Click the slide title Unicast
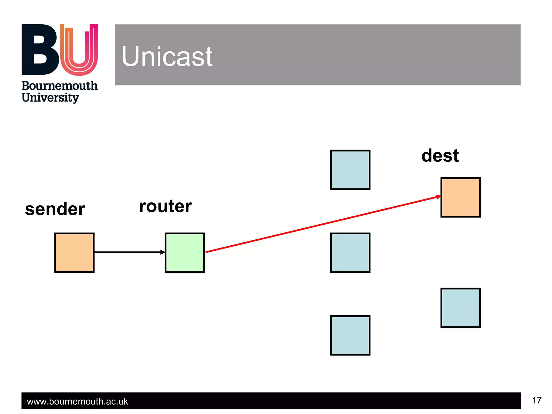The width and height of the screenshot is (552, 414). (x=167, y=56)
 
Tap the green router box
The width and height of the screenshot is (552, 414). (x=185, y=253)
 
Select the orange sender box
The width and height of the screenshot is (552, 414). (x=74, y=253)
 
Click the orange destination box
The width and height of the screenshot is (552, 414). (x=460, y=197)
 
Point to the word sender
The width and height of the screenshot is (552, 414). (x=55, y=209)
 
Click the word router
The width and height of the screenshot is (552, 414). (x=165, y=206)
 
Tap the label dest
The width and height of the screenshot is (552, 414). (x=440, y=156)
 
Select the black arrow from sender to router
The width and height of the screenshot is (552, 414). (x=127, y=252)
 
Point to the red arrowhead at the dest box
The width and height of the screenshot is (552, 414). (x=438, y=197)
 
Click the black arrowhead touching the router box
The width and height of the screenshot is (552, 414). (x=163, y=252)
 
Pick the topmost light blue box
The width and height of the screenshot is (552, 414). (x=350, y=170)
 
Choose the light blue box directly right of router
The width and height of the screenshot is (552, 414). (x=350, y=253)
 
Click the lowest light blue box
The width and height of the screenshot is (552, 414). (x=350, y=335)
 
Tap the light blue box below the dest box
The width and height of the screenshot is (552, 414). (x=460, y=308)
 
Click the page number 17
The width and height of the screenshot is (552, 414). (x=537, y=400)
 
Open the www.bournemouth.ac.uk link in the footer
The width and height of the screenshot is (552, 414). (x=77, y=401)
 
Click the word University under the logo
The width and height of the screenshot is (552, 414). (x=50, y=98)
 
